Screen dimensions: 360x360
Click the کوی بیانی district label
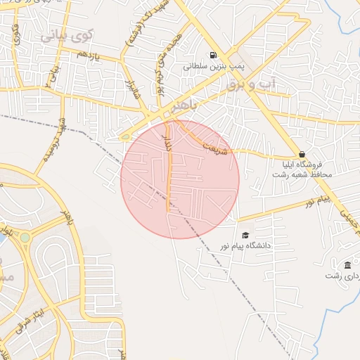click(66, 34)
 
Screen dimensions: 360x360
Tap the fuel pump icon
click(212, 56)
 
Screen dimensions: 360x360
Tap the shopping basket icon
click(302, 154)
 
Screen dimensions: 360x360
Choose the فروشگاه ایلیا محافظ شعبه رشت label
click(302, 169)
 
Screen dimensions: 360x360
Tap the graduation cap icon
click(245, 235)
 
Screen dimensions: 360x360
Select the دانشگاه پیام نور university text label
click(247, 246)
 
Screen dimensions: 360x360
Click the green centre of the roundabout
click(25, 238)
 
